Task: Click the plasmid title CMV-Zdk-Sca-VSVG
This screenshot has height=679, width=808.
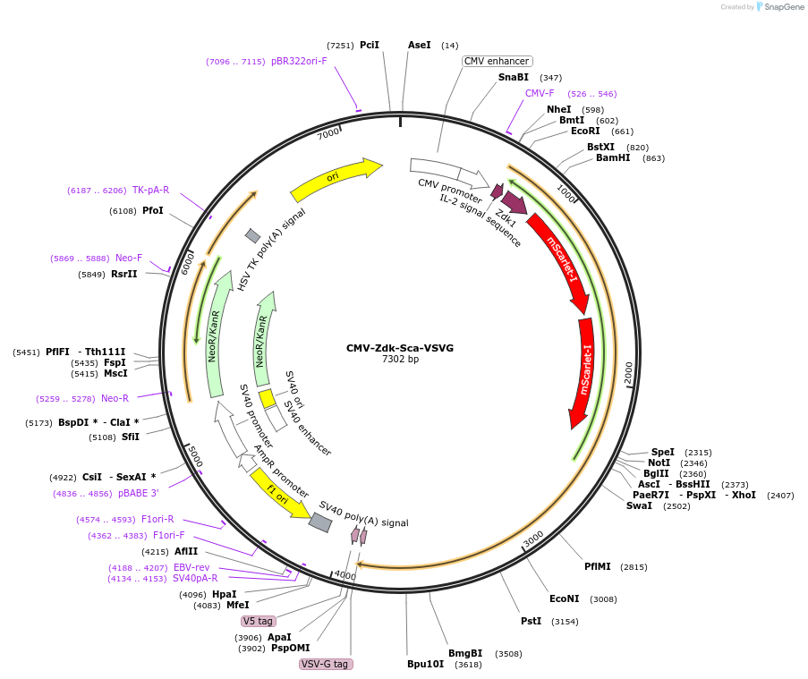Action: pos(400,348)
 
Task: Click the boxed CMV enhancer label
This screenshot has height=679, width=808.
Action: pos(497,61)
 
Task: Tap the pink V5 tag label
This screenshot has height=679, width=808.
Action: pos(259,621)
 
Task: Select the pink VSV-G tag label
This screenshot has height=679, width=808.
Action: pos(326,664)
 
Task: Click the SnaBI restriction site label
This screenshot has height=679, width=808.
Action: pos(514,78)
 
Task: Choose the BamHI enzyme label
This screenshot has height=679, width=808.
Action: pos(613,158)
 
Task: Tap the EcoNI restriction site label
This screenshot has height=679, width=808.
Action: pos(565,599)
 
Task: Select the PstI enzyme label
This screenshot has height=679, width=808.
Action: pos(532,621)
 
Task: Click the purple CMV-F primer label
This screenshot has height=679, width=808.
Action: pos(540,93)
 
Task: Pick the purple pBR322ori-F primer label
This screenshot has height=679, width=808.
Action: pos(299,62)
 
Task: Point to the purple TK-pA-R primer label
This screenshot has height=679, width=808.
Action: pos(150,191)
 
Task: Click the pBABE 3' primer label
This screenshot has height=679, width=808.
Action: pos(138,493)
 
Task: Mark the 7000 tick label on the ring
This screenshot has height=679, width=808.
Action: pos(328,133)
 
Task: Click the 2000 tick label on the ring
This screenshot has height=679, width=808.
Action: pos(628,373)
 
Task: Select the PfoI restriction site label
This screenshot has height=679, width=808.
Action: pos(153,211)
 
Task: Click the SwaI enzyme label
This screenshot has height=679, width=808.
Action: pos(639,506)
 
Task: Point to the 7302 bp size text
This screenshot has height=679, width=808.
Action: pos(400,360)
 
